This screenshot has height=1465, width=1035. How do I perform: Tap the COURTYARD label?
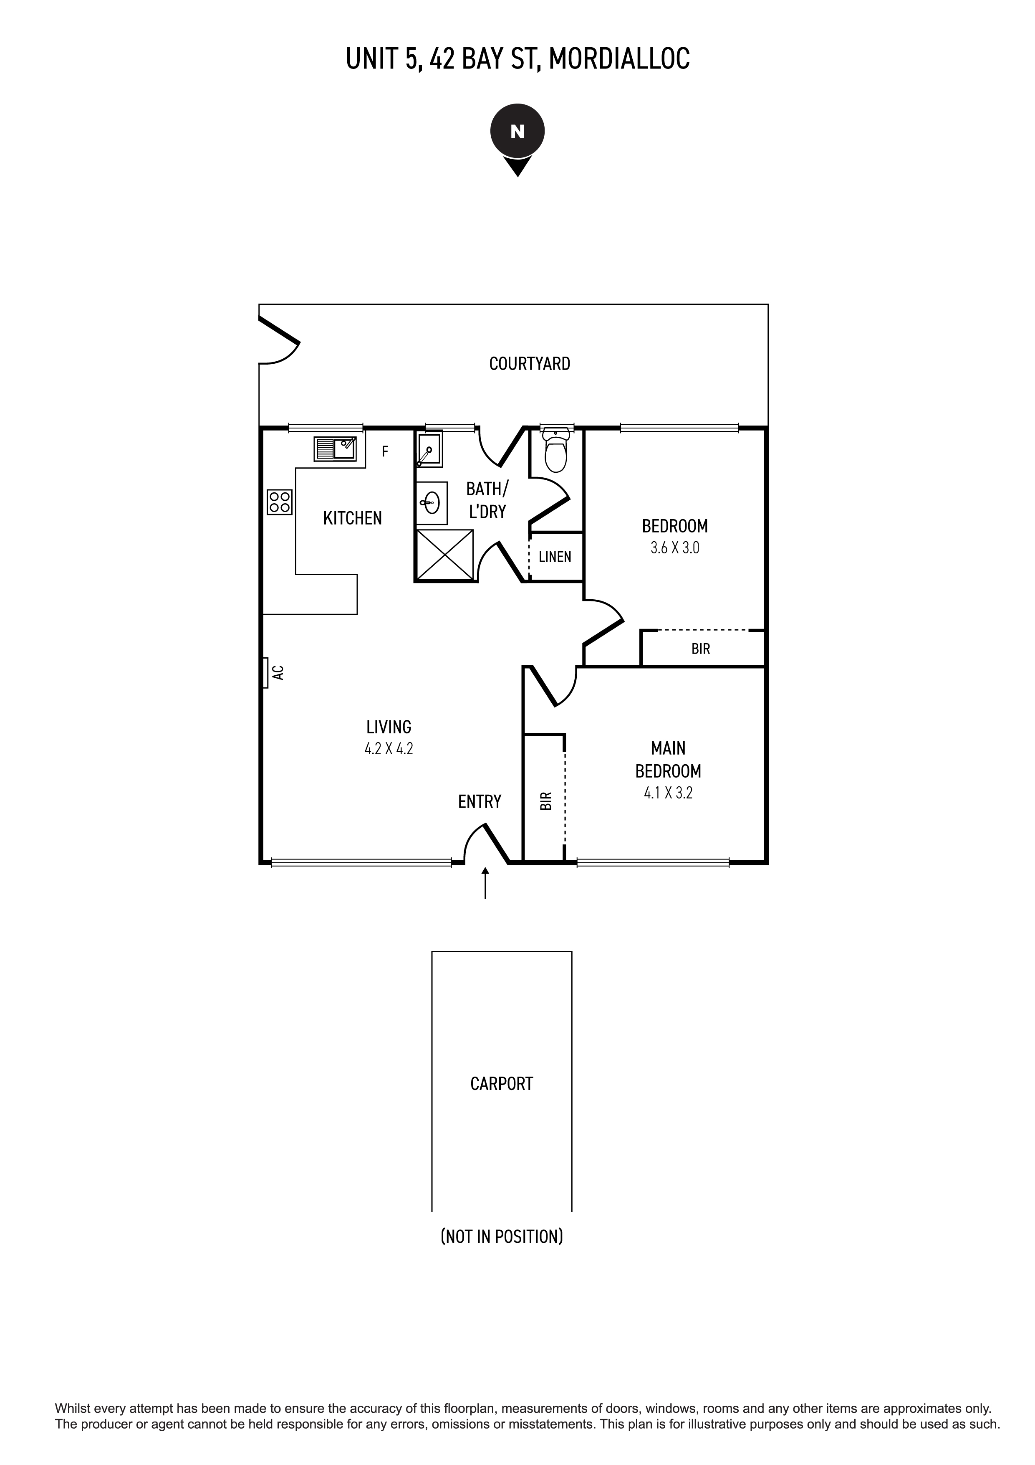529,364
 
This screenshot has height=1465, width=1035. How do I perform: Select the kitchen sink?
335,449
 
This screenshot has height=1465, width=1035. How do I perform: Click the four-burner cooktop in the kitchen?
279,502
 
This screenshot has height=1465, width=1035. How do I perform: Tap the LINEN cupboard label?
555,557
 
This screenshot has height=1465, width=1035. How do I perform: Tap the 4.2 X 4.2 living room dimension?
389,748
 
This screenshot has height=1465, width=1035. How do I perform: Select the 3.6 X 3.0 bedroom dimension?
675,547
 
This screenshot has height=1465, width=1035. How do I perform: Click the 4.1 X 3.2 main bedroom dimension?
668,793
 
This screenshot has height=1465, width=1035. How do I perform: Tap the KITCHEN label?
352,518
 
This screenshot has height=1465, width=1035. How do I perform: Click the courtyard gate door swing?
280,345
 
